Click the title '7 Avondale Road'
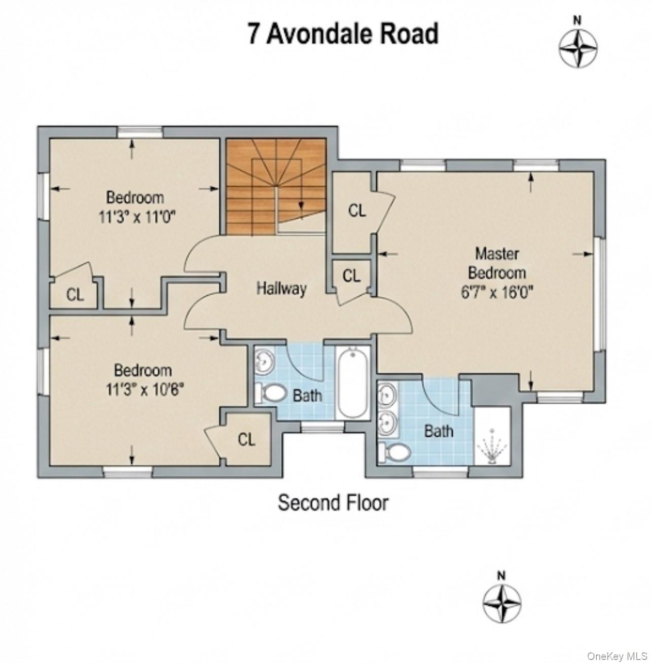coord(343,34)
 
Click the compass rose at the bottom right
coord(501,603)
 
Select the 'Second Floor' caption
coord(333,503)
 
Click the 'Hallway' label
coord(281,289)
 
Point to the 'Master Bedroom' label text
coord(496,263)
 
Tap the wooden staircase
coord(275,186)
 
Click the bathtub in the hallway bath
coord(353,381)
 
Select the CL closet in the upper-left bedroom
coord(75,294)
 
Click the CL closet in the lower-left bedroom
coord(246,439)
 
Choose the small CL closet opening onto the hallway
coord(351,276)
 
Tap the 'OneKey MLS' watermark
coord(617,656)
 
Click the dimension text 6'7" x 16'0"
coord(496,292)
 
